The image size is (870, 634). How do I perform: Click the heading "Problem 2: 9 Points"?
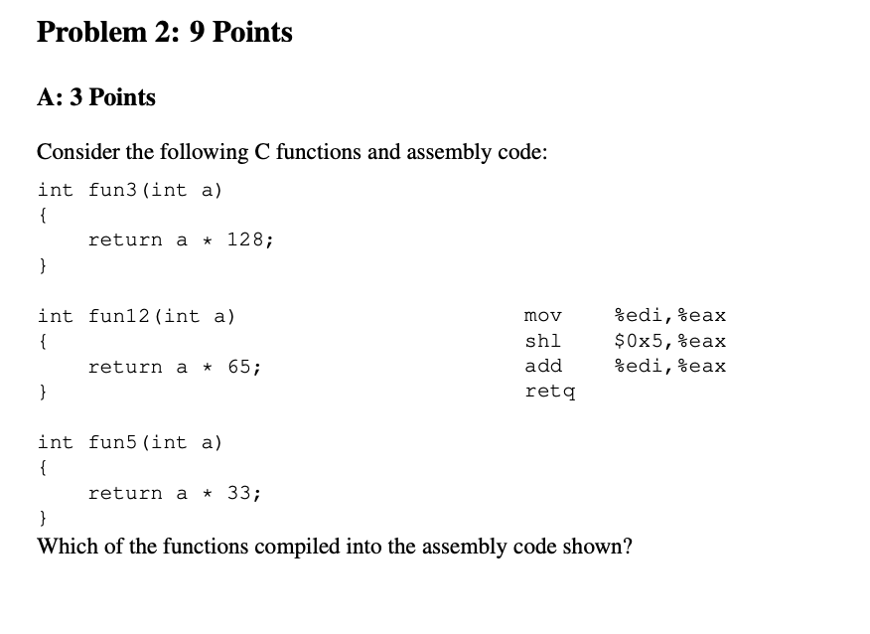(x=164, y=33)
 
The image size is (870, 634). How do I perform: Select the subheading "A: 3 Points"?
(x=96, y=97)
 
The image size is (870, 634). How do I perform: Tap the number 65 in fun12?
(x=240, y=367)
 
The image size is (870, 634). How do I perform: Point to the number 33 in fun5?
(x=240, y=493)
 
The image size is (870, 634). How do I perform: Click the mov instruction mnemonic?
(x=542, y=316)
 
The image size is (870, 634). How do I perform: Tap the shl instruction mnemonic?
(x=542, y=341)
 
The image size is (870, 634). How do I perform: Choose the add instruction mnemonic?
(x=542, y=366)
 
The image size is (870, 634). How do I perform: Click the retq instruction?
(x=549, y=392)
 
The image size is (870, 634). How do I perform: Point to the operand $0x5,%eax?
(x=670, y=341)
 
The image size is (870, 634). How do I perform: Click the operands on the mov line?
(x=670, y=316)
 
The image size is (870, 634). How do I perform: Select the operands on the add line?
(x=670, y=366)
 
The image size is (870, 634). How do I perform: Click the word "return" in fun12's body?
(x=124, y=367)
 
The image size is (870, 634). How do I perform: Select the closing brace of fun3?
(x=42, y=265)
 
